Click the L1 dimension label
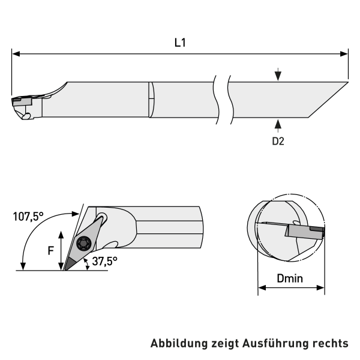[180, 43]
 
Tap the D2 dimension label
[278, 141]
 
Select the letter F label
[51, 250]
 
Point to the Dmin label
[290, 278]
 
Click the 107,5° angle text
[28, 217]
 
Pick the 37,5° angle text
[104, 261]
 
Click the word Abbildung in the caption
[179, 343]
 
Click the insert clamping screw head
[83, 244]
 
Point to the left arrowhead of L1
[16, 54]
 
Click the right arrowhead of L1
[344, 54]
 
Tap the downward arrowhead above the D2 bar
[278, 76]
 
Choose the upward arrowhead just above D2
[278, 124]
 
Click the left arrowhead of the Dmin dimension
[262, 287]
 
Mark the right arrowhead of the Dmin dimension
[320, 287]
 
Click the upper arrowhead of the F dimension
[61, 235]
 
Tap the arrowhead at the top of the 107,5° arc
[75, 214]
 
